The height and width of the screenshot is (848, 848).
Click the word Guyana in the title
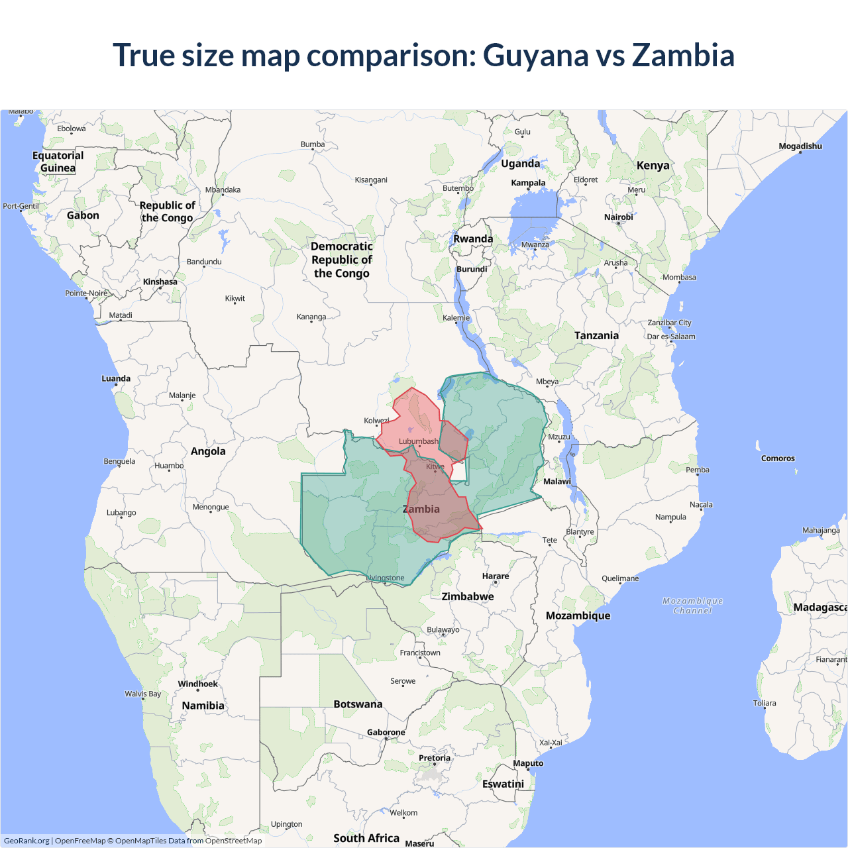(x=535, y=56)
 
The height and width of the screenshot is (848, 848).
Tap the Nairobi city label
(x=618, y=217)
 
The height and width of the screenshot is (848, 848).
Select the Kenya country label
(x=653, y=166)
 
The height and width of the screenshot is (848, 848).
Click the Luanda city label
(x=116, y=379)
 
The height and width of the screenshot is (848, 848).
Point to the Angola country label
(x=208, y=452)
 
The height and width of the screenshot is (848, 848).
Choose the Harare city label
(x=496, y=576)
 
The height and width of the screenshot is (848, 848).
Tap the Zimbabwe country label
(x=468, y=597)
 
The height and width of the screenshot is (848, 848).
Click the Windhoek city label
(x=197, y=684)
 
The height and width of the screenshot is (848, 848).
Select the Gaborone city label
(x=386, y=733)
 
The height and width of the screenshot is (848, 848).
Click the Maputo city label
(x=528, y=764)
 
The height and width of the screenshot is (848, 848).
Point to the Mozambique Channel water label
(x=692, y=606)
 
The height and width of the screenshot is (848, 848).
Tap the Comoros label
(x=778, y=458)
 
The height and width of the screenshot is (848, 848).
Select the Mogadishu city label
(x=800, y=146)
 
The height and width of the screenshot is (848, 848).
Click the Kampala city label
(x=528, y=183)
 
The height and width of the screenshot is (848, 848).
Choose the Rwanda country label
(x=473, y=239)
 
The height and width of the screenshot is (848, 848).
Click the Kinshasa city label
(x=160, y=282)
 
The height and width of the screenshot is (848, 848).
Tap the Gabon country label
(x=83, y=216)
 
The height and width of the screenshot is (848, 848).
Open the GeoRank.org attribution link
(x=26, y=841)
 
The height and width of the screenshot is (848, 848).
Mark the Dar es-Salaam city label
(x=671, y=337)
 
